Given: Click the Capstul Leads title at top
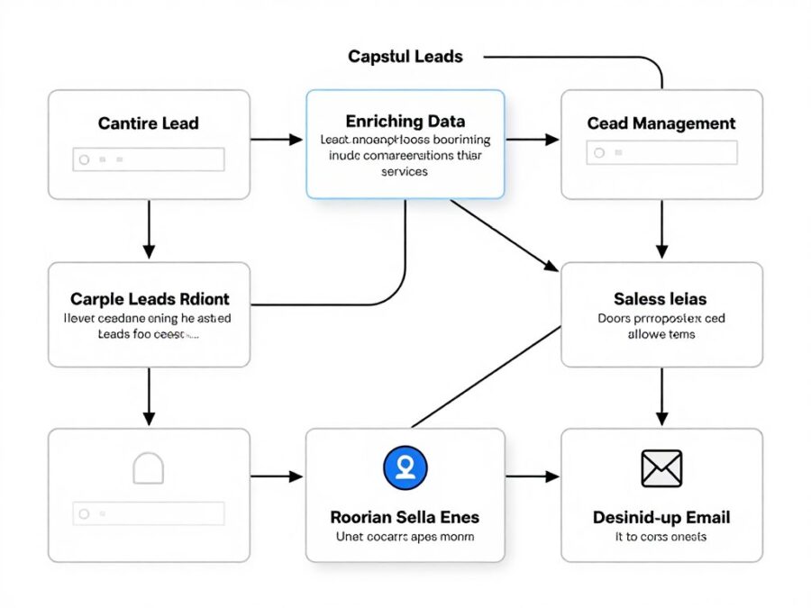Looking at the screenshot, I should pyautogui.click(x=405, y=57).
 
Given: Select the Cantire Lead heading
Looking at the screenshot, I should pyautogui.click(x=149, y=123).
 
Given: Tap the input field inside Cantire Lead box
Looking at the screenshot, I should pyautogui.click(x=149, y=159).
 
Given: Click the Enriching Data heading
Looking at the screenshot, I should pyautogui.click(x=405, y=121).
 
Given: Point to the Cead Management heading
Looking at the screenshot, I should pyautogui.click(x=661, y=123).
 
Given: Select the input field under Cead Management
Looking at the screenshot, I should pyautogui.click(x=661, y=153).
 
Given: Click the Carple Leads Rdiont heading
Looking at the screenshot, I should pyautogui.click(x=150, y=298).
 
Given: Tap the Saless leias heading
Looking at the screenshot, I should pyautogui.click(x=661, y=298).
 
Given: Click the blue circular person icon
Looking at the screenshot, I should pyautogui.click(x=405, y=467).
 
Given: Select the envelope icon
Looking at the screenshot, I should pyautogui.click(x=661, y=468).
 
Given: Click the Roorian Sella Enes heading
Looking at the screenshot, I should pyautogui.click(x=405, y=517).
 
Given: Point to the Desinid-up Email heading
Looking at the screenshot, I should pyautogui.click(x=661, y=517).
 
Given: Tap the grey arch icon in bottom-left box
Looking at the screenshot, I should pyautogui.click(x=148, y=468).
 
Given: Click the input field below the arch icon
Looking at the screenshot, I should pyautogui.click(x=149, y=513).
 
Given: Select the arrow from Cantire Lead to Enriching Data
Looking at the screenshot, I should pyautogui.click(x=277, y=140).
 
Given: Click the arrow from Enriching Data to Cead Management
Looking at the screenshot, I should pyautogui.click(x=533, y=140).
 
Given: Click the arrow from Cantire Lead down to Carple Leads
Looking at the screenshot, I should pyautogui.click(x=150, y=230).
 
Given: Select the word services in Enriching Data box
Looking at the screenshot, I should pyautogui.click(x=405, y=171).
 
